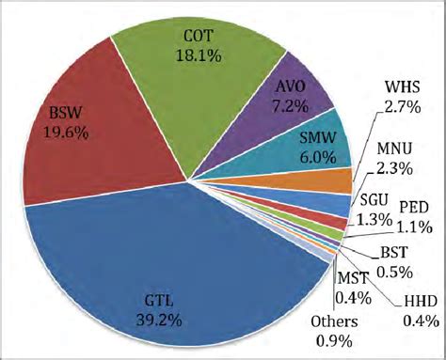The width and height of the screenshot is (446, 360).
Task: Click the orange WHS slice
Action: (334, 180)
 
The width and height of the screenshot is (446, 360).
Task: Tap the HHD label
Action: (420, 302)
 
